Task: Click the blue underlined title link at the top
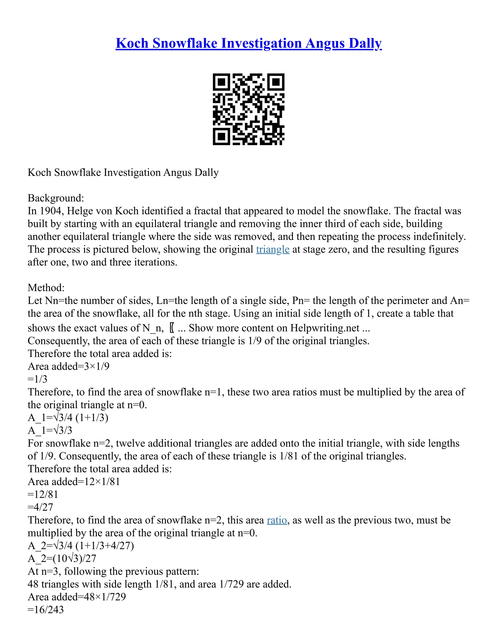click(248, 43)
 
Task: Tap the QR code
click(248, 109)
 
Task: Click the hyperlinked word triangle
click(273, 250)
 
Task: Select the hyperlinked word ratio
click(277, 520)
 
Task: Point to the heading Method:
click(46, 287)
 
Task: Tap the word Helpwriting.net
click(325, 328)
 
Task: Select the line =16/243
click(46, 609)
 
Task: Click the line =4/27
click(40, 507)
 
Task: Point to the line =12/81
click(43, 495)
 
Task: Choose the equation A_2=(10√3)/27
click(62, 558)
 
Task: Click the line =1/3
click(37, 379)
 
